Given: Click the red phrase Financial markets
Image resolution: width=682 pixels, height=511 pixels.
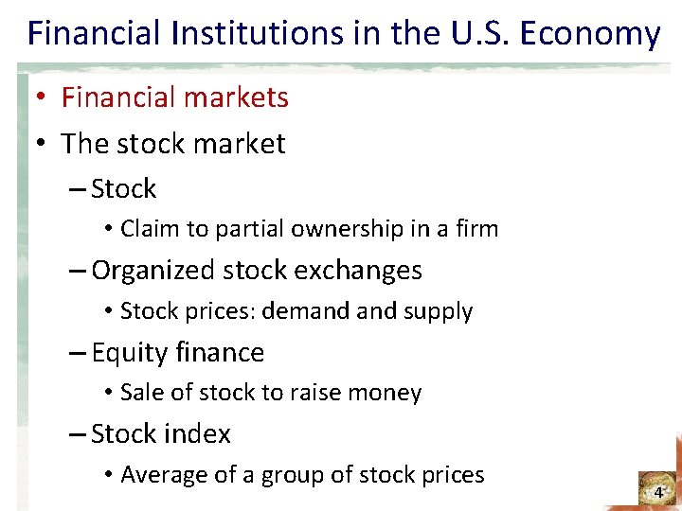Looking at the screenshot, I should click(175, 97).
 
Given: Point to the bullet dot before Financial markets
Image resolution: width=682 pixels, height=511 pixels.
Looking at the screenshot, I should click(43, 98).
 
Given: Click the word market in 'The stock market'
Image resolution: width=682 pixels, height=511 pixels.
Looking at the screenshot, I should click(238, 144).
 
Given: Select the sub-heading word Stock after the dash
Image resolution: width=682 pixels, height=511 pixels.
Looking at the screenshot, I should click(124, 189).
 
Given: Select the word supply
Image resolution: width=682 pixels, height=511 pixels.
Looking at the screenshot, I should click(441, 311).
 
